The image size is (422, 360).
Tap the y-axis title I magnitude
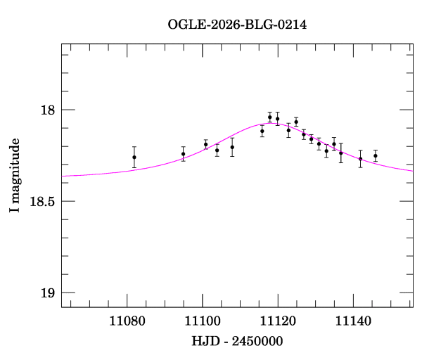point(14,176)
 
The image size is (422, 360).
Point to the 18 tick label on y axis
point(49,110)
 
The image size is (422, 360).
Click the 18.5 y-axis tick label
point(43,202)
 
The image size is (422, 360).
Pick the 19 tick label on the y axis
point(49,293)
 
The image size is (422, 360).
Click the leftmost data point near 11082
point(134,157)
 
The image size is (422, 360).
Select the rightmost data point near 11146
point(376,155)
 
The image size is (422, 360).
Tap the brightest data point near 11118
point(270,117)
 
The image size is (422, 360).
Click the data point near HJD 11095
point(183,154)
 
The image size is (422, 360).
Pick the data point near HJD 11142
point(360,158)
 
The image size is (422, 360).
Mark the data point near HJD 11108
point(232,147)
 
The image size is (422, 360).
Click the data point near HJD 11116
point(262,131)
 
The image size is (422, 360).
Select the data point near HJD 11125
point(296,122)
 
